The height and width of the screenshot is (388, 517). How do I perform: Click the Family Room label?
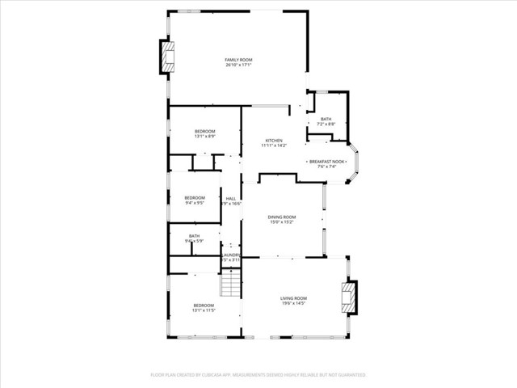coord(239,60)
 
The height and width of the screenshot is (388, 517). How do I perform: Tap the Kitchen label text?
coord(274,141)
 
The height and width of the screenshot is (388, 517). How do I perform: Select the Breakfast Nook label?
coord(326,162)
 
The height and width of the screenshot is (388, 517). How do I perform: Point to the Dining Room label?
coord(282,217)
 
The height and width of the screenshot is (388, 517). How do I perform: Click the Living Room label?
coord(293,298)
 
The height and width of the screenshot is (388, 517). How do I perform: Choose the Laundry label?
coord(231,255)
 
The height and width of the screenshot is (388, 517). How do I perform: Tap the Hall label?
coord(231,199)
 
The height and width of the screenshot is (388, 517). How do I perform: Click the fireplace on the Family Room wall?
coord(167,57)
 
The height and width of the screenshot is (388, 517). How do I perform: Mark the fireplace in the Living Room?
coord(349,296)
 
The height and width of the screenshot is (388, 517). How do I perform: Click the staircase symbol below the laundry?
coord(231,282)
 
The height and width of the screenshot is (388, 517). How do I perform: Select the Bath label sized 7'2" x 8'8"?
coord(326,120)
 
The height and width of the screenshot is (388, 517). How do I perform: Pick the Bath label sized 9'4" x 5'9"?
coord(194,236)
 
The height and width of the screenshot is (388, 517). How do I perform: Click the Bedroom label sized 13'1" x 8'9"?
coord(205,131)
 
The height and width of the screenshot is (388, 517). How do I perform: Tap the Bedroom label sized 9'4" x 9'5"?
coord(195,198)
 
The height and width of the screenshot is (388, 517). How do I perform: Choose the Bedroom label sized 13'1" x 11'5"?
coord(204,305)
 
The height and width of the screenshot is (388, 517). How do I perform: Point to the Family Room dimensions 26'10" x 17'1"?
coord(239,65)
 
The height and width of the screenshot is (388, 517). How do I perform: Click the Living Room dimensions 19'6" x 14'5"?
coord(293,304)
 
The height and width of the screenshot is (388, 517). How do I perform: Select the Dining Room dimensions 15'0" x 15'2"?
coord(282,222)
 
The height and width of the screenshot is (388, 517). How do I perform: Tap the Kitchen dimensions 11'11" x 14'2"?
coord(274,146)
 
